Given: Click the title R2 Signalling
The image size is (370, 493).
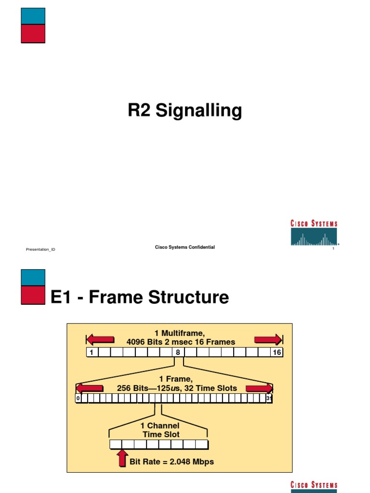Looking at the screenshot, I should click(x=185, y=111).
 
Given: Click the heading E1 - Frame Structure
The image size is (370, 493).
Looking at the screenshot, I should click(x=140, y=298).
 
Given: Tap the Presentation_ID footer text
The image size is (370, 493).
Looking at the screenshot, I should click(x=40, y=249).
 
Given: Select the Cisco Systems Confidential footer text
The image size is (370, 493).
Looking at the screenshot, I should click(x=185, y=247).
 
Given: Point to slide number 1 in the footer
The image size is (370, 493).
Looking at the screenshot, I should click(x=333, y=249).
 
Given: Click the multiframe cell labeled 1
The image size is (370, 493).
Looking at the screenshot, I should click(x=92, y=352).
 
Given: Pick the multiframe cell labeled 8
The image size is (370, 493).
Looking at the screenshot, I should click(x=178, y=352).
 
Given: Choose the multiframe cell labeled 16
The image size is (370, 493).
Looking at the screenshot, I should click(x=277, y=352).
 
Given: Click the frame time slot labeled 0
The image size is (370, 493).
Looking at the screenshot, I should click(x=78, y=398).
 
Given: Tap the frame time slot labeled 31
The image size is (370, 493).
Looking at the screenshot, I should click(x=269, y=398).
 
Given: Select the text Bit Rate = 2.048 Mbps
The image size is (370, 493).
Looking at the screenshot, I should click(x=172, y=462).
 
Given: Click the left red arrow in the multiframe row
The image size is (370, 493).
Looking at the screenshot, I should click(x=100, y=340).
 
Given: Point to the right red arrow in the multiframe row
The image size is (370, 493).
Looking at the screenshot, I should click(x=268, y=340).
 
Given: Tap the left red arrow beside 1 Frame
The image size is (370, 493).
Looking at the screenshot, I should click(x=90, y=388).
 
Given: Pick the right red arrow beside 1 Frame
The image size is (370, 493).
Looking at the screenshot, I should click(x=259, y=388).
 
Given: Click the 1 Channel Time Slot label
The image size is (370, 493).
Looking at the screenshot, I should click(x=160, y=430).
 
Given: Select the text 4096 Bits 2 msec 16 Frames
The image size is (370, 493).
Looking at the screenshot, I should click(x=181, y=342).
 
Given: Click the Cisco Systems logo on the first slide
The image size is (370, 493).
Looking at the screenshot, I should click(x=314, y=233).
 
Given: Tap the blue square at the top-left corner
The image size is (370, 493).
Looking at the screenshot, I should click(x=33, y=16).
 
